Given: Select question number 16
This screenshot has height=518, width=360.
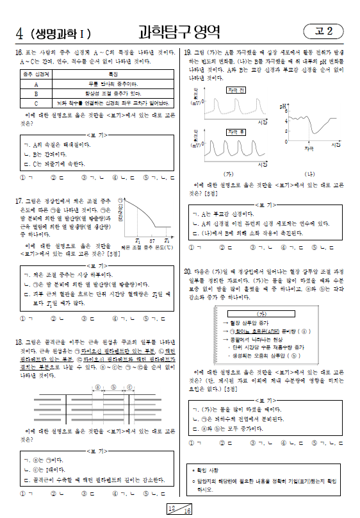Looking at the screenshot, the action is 19,51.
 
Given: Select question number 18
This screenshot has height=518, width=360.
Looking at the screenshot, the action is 19,342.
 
